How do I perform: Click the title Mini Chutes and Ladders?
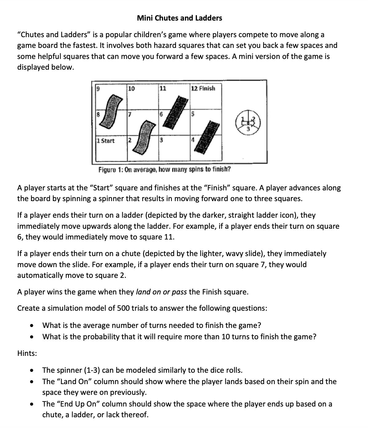point(179,18)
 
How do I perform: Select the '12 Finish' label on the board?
point(203,88)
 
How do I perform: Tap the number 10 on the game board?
point(131,88)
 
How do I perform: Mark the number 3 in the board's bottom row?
point(161,141)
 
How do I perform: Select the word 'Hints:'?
point(27,353)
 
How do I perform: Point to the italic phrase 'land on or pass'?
point(161,292)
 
